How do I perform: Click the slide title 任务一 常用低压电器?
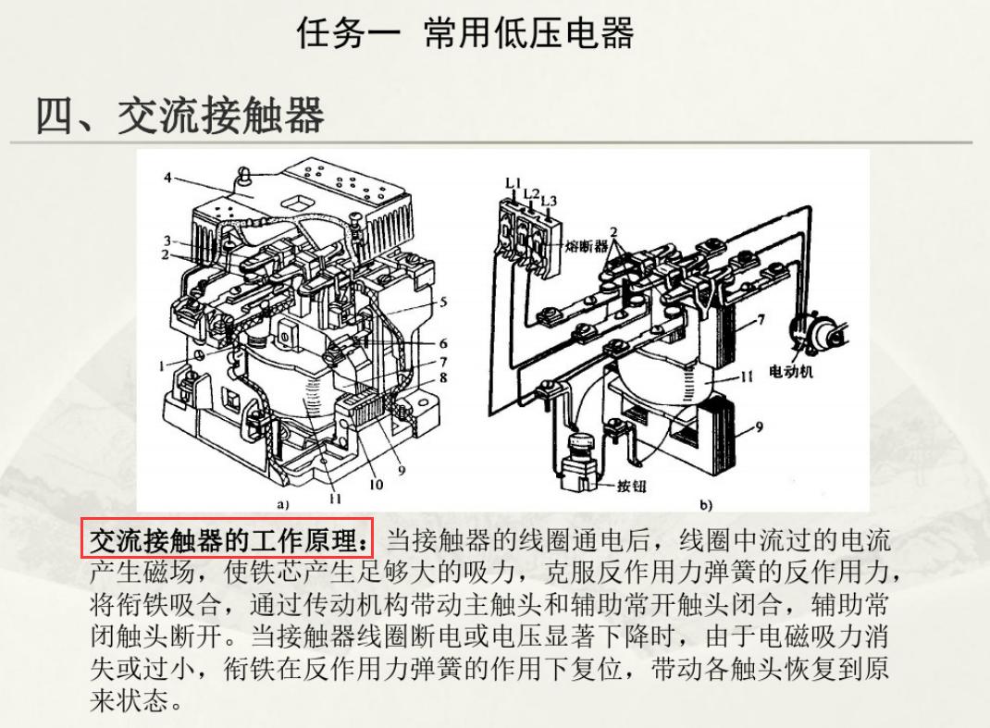click(464, 34)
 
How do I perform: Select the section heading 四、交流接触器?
click(179, 117)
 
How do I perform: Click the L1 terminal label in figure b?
click(514, 183)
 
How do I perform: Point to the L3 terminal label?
click(549, 200)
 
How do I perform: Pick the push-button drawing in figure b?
click(579, 458)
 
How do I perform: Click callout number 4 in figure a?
click(167, 178)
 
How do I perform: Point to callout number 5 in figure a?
click(443, 302)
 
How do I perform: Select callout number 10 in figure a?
click(377, 483)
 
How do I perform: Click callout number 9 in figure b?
click(760, 426)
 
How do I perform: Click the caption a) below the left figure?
click(283, 505)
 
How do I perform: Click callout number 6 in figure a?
click(443, 343)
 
